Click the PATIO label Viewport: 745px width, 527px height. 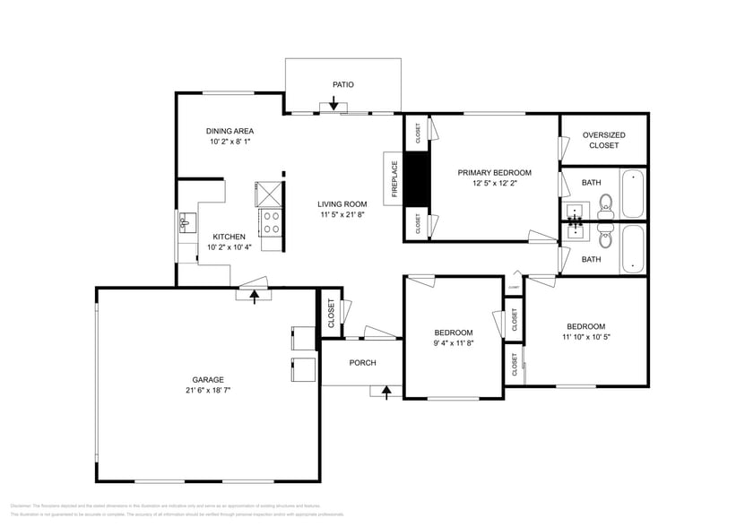pos(342,84)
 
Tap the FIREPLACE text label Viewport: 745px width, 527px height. pos(393,177)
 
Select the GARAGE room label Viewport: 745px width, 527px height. pos(207,379)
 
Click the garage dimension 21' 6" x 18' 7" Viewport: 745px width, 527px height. pos(207,390)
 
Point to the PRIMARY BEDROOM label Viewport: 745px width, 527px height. pos(494,172)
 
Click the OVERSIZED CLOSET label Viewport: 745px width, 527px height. pos(603,140)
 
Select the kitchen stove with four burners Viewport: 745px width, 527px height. pos(271,220)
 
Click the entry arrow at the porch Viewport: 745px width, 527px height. pos(386,391)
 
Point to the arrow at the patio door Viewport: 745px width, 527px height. pos(334,105)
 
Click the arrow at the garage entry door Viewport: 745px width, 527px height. pos(255,295)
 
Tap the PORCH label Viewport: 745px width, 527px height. pos(362,363)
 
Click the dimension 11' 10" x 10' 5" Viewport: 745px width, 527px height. pos(585,337)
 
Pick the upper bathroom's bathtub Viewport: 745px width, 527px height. pos(632,193)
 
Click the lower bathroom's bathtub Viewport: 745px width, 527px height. pos(632,247)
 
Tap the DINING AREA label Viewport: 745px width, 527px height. pos(230,131)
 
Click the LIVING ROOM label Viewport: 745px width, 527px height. pos(342,203)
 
